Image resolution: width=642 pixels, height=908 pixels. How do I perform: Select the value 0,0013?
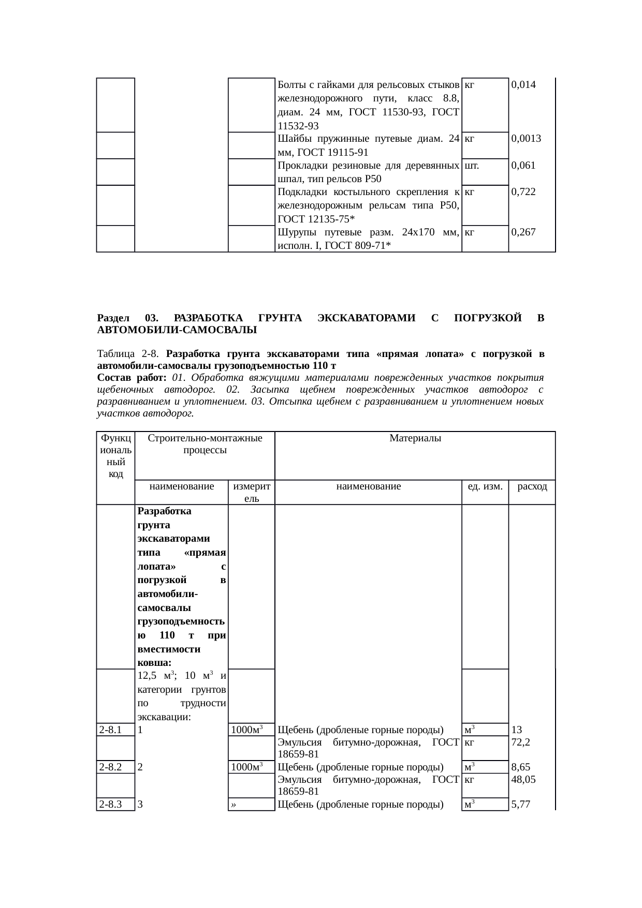(x=526, y=139)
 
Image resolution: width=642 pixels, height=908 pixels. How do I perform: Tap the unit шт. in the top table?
(x=471, y=166)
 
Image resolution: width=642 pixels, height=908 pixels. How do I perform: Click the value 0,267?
(x=523, y=232)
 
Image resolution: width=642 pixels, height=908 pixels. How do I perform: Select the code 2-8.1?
(x=110, y=730)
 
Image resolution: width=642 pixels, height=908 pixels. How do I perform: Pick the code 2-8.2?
(x=110, y=767)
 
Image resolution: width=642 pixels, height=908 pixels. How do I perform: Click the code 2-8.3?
(x=110, y=804)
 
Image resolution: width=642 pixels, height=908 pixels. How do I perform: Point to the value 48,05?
(x=522, y=779)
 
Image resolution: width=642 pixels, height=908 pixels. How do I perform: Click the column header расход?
(x=532, y=486)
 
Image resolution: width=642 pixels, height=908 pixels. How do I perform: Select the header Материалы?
(x=415, y=439)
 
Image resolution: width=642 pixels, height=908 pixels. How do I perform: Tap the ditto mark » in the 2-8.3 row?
(x=234, y=805)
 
